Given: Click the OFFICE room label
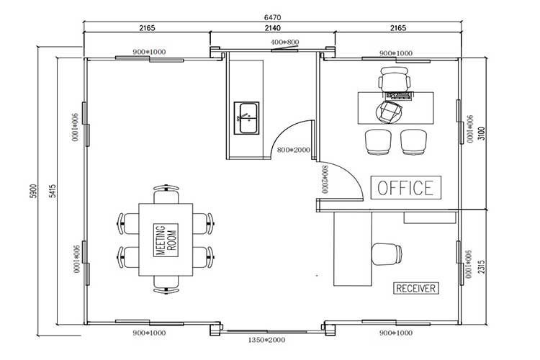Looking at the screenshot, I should pos(405,188).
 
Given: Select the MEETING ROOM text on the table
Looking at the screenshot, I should pos(166,239).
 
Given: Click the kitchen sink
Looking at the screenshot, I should pos(247,117).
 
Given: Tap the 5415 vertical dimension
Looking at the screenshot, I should pos(53,194).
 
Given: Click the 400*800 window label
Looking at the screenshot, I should pos(285,43).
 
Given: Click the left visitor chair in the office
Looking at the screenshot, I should pos(380,142).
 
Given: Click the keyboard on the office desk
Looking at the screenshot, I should pos(399,94).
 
